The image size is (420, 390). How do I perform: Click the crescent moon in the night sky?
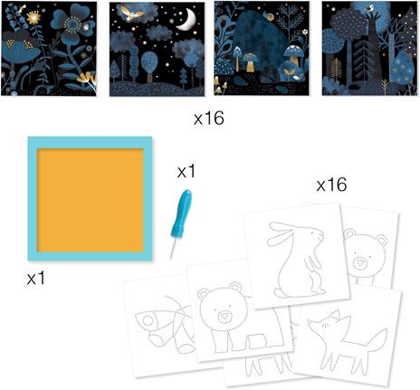(x=187, y=21)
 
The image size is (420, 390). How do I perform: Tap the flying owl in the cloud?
(x=130, y=12)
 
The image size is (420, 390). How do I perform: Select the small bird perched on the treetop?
(x=369, y=7)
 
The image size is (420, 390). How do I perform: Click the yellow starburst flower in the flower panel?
(x=33, y=18)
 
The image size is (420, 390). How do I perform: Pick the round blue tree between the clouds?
(x=150, y=62)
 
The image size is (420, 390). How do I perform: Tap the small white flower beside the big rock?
(x=305, y=32)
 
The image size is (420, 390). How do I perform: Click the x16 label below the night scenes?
(x=209, y=118)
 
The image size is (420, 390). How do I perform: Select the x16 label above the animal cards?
(x=331, y=185)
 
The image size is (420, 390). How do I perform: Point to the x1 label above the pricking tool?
(x=186, y=171)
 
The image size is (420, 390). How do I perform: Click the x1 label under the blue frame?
(x=35, y=278)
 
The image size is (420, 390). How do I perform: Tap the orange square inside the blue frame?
(x=90, y=200)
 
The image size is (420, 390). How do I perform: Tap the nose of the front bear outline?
(x=224, y=316)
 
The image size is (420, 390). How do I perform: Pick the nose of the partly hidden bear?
(x=359, y=262)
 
